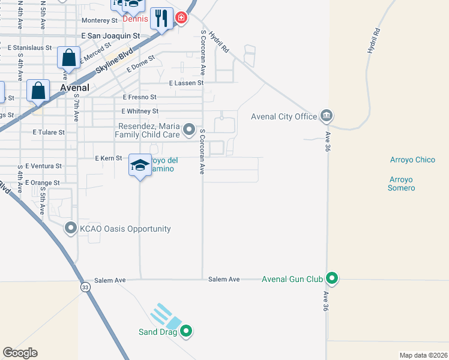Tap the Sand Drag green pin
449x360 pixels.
point(186,331)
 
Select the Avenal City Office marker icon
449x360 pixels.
point(327,115)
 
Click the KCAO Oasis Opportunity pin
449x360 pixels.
point(71,228)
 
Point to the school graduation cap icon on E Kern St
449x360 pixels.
point(140,166)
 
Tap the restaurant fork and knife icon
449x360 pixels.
point(161,19)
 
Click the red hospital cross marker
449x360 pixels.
point(181,19)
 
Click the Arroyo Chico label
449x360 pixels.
point(412,160)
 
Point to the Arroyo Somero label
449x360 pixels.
point(402,184)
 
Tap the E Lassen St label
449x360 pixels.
point(186,83)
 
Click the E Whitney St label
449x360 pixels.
point(140,112)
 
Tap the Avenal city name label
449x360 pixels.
point(75,88)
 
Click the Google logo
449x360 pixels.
point(20,353)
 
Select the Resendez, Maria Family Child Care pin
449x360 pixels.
point(189,129)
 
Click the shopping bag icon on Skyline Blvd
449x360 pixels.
point(69,59)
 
